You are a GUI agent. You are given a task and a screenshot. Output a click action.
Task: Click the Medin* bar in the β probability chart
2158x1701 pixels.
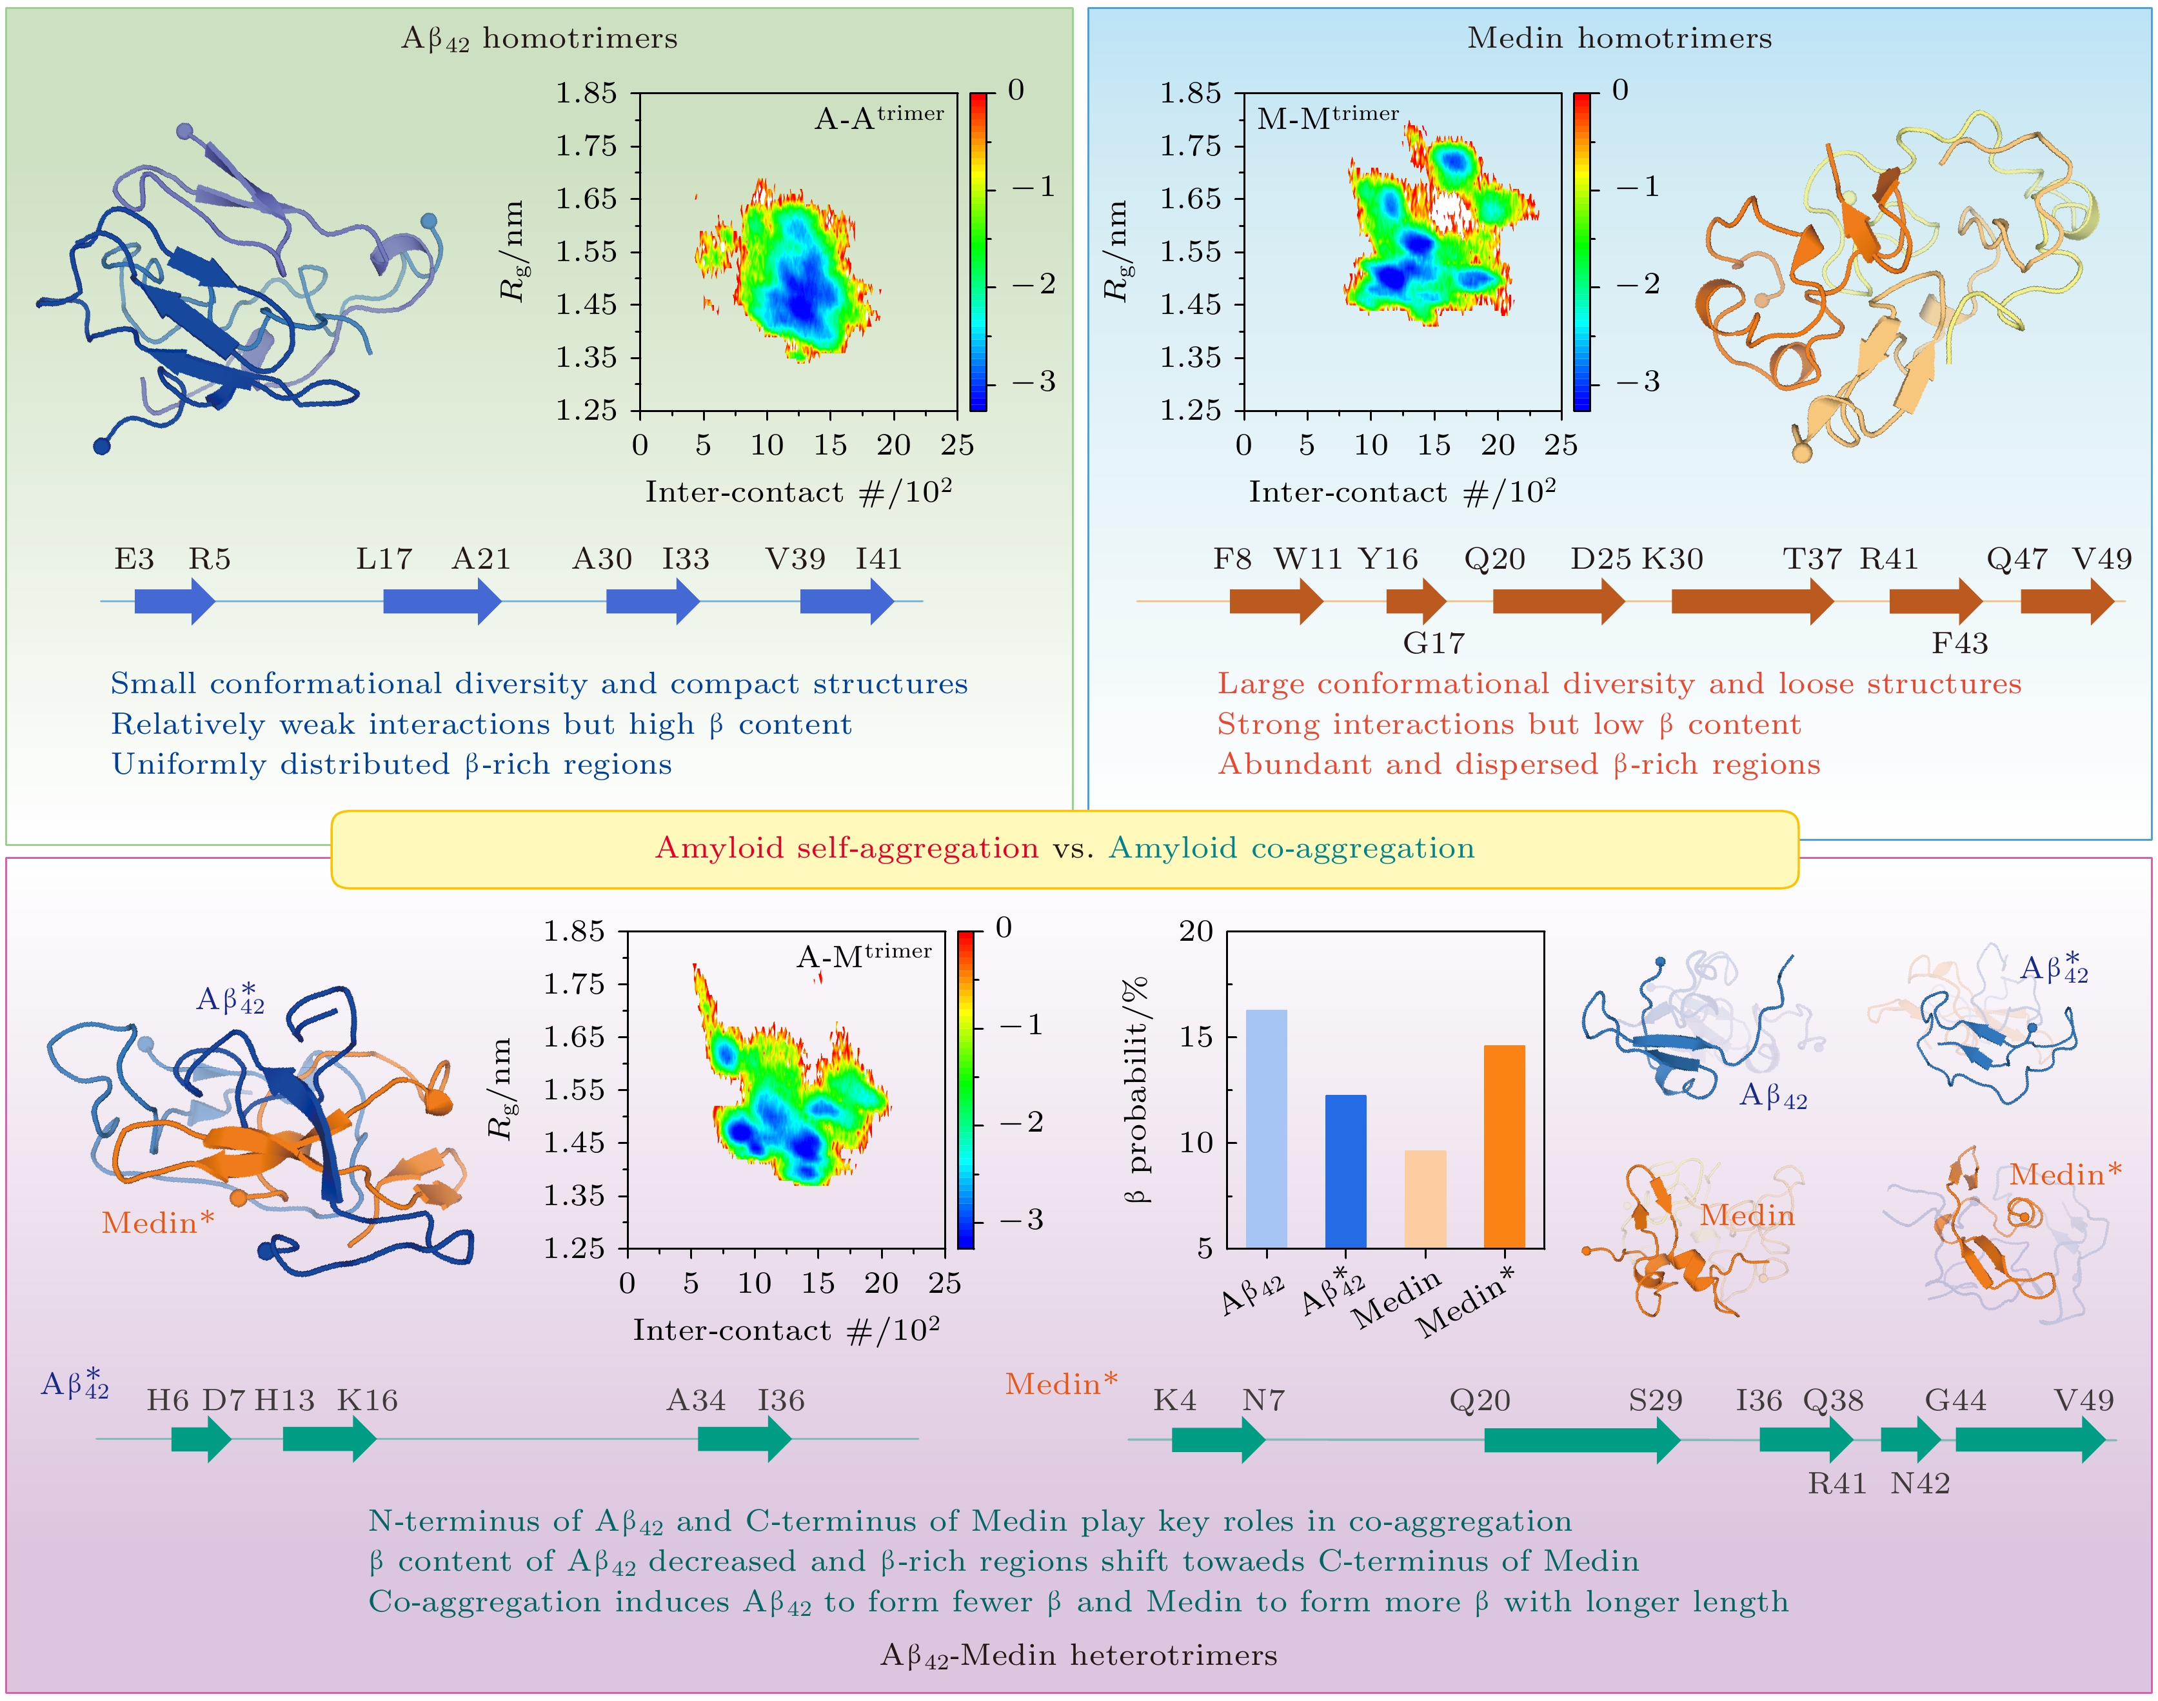1504,1145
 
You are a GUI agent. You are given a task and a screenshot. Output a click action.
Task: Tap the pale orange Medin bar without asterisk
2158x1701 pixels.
1425,1199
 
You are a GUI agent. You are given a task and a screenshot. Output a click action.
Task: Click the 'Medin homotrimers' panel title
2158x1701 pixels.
1619,39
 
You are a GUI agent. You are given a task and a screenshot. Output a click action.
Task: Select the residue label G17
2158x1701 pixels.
1433,644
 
